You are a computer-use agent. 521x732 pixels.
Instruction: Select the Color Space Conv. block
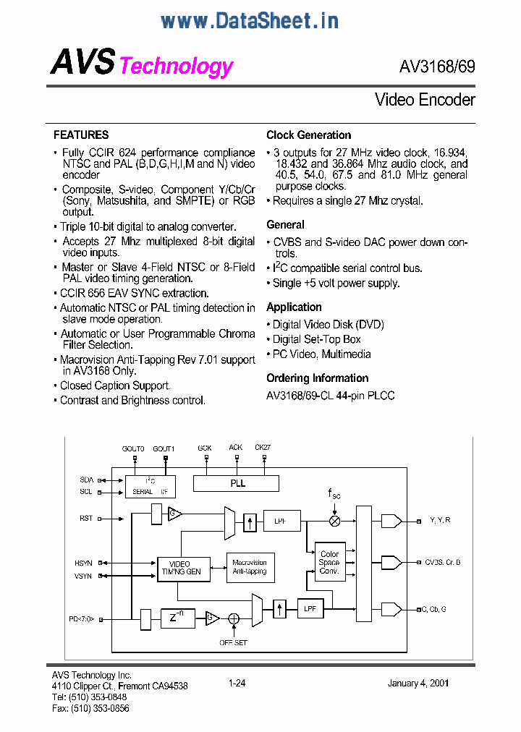[329, 562]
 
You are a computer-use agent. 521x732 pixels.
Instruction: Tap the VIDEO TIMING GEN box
[184, 568]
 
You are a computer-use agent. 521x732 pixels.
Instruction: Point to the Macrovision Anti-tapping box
[249, 566]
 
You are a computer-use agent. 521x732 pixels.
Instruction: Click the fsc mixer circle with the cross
[335, 520]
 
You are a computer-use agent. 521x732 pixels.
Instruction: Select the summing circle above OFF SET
[234, 618]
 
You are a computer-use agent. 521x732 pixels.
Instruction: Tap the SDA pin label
[86, 480]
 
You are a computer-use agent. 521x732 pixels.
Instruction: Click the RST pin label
[86, 518]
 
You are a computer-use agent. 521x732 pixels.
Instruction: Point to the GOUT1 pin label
[164, 448]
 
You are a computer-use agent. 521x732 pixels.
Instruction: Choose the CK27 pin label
[263, 448]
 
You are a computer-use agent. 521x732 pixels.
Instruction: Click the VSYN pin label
[83, 576]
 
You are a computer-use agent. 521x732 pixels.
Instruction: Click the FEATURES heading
[81, 135]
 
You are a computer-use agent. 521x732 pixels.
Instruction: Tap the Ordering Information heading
[317, 378]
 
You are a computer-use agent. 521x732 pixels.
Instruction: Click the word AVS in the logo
[82, 63]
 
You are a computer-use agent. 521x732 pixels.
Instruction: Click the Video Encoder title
[425, 100]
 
